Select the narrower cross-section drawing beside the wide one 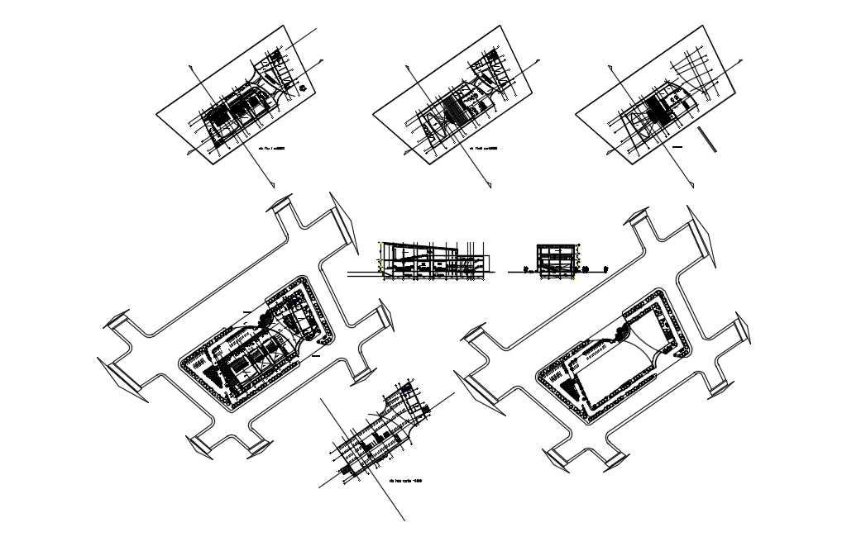tap(556, 262)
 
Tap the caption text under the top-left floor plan tap(273, 149)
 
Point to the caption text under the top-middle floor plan tap(483, 149)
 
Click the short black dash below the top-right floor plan tap(677, 146)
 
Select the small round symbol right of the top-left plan tap(304, 88)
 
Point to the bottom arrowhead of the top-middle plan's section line tap(490, 183)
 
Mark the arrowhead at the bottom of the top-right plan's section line tap(691, 183)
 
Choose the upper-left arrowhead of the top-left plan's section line tap(192, 64)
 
